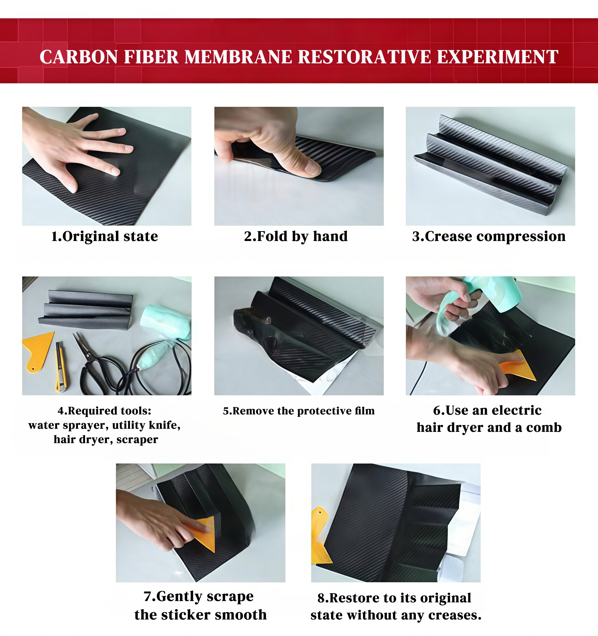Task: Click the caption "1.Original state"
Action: (105, 236)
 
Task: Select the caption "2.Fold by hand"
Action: (296, 236)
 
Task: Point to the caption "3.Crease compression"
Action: (489, 236)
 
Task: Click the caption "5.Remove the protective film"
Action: (299, 411)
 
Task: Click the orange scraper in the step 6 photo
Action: (518, 365)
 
